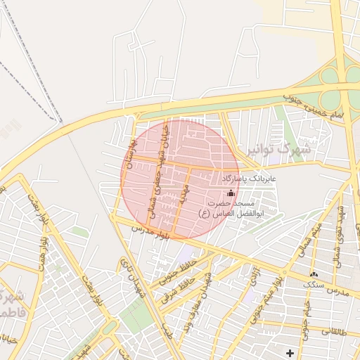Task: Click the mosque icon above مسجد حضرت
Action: tap(231, 193)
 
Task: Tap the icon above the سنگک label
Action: tap(314, 274)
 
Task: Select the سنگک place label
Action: tap(314, 285)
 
